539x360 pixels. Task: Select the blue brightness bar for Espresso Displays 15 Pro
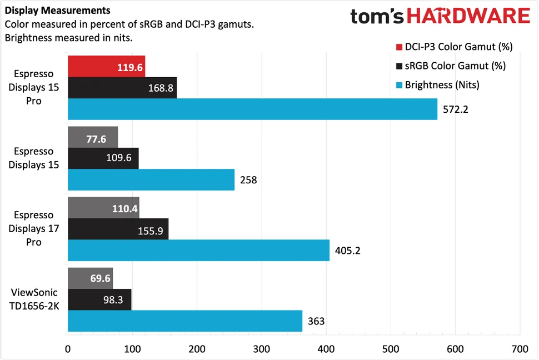(x=252, y=109)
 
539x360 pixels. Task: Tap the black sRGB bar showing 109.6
(x=103, y=158)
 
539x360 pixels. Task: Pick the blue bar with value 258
(x=151, y=179)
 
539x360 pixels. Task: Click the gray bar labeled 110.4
(x=103, y=207)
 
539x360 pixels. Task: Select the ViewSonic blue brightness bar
(x=184, y=321)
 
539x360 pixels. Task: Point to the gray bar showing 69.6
(x=90, y=278)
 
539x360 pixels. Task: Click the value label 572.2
(x=456, y=109)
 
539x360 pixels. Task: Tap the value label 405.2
(x=348, y=251)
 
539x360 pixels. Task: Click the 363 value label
(x=316, y=321)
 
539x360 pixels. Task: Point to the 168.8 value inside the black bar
(x=160, y=88)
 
